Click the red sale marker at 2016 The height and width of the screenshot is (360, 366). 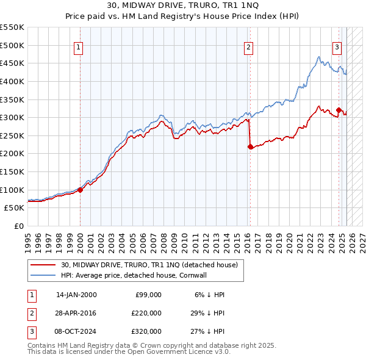pos(250,146)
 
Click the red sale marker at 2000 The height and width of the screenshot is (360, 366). pos(80,190)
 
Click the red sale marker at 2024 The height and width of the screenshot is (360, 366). pos(339,110)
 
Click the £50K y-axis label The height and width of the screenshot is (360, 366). pos(15,208)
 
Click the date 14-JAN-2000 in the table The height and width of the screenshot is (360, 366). pos(76,295)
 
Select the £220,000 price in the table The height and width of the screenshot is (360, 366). pos(146,313)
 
